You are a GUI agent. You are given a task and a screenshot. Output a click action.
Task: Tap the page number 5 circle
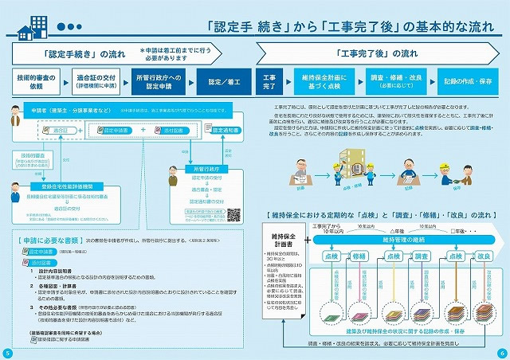point(7,353)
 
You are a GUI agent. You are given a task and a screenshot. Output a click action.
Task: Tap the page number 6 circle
point(502,353)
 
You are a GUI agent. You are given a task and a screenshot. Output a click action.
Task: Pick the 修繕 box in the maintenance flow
point(359,257)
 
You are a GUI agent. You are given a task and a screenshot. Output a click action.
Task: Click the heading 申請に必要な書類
point(51,238)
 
